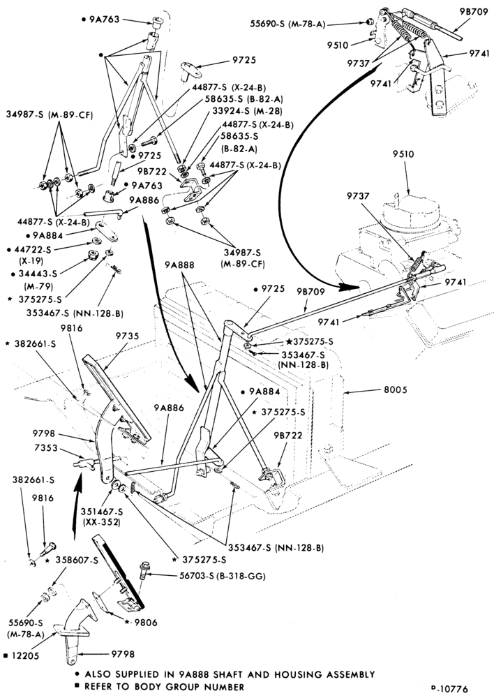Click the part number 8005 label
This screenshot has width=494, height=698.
(x=394, y=390)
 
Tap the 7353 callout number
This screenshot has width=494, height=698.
(x=46, y=447)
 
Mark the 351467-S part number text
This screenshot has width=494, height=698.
(x=101, y=512)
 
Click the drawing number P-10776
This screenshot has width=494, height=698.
(x=449, y=689)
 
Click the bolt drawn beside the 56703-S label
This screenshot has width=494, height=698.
(x=144, y=570)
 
